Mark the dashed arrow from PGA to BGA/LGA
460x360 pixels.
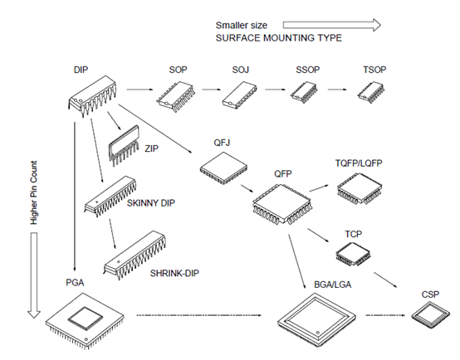199,316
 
